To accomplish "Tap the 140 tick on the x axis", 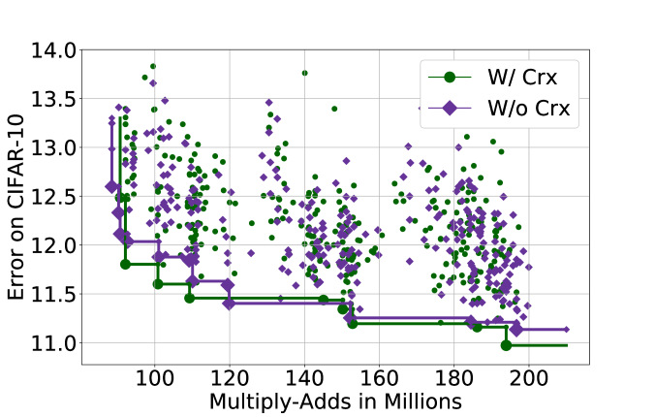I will click(304, 376).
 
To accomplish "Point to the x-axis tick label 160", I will click(379, 376).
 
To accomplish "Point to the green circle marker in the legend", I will click(450, 77).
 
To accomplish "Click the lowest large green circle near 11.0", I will click(506, 345).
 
